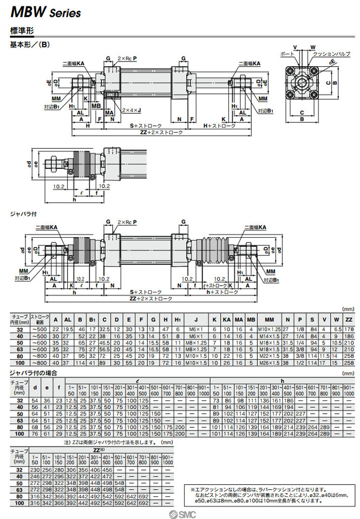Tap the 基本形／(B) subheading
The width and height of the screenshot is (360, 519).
coord(30,45)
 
